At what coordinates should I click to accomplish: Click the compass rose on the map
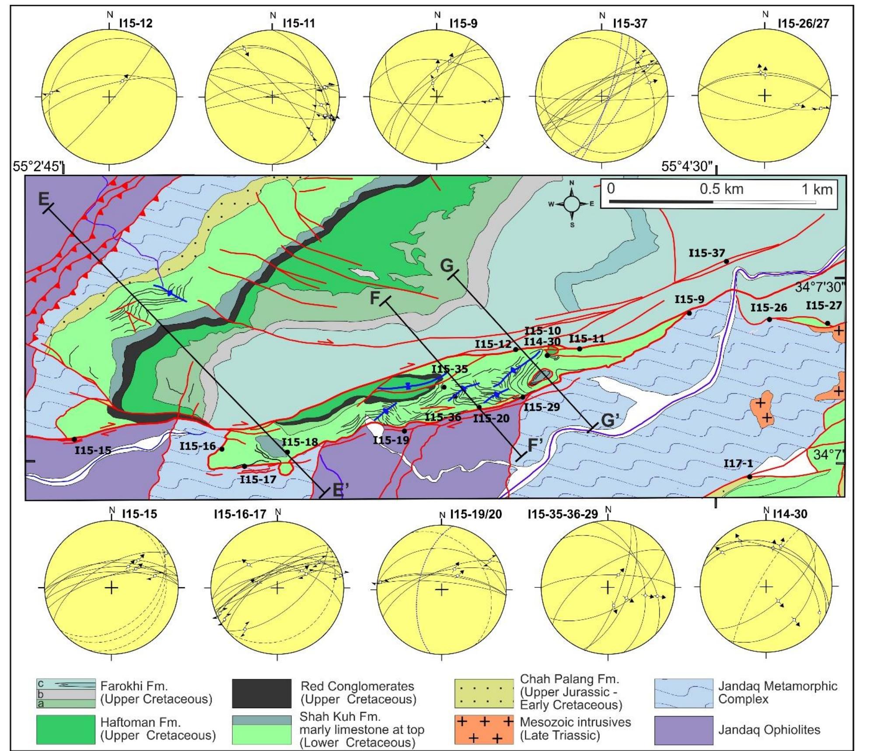571,203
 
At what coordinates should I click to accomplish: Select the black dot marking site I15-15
74,439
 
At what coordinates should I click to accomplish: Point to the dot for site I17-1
749,477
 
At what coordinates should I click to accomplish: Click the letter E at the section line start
44,199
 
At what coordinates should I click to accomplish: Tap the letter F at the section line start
375,298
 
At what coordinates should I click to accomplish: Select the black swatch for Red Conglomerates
261,693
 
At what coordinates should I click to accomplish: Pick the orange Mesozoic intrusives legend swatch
484,730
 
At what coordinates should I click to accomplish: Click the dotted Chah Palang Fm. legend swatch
484,693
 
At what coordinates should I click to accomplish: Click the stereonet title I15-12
136,23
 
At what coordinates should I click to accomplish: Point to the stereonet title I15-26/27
803,23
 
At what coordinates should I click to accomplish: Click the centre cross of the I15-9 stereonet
437,96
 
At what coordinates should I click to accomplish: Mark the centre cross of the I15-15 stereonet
112,587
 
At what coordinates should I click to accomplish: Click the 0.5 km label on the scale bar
721,189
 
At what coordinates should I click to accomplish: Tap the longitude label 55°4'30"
687,167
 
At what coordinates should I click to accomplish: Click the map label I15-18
300,442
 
